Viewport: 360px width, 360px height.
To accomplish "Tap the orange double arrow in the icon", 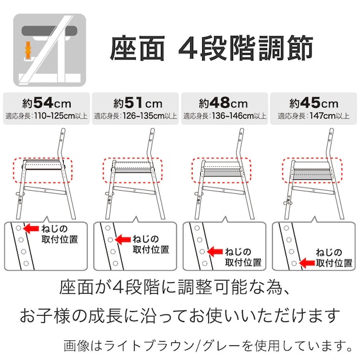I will click(28, 49).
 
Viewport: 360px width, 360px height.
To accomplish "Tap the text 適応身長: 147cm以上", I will click(313, 116).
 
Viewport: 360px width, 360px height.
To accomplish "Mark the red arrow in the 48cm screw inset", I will click(213, 251).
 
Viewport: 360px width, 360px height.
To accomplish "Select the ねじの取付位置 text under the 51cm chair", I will click(150, 244).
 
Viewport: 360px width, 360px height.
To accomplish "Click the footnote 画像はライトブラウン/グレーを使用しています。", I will click(208, 345).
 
